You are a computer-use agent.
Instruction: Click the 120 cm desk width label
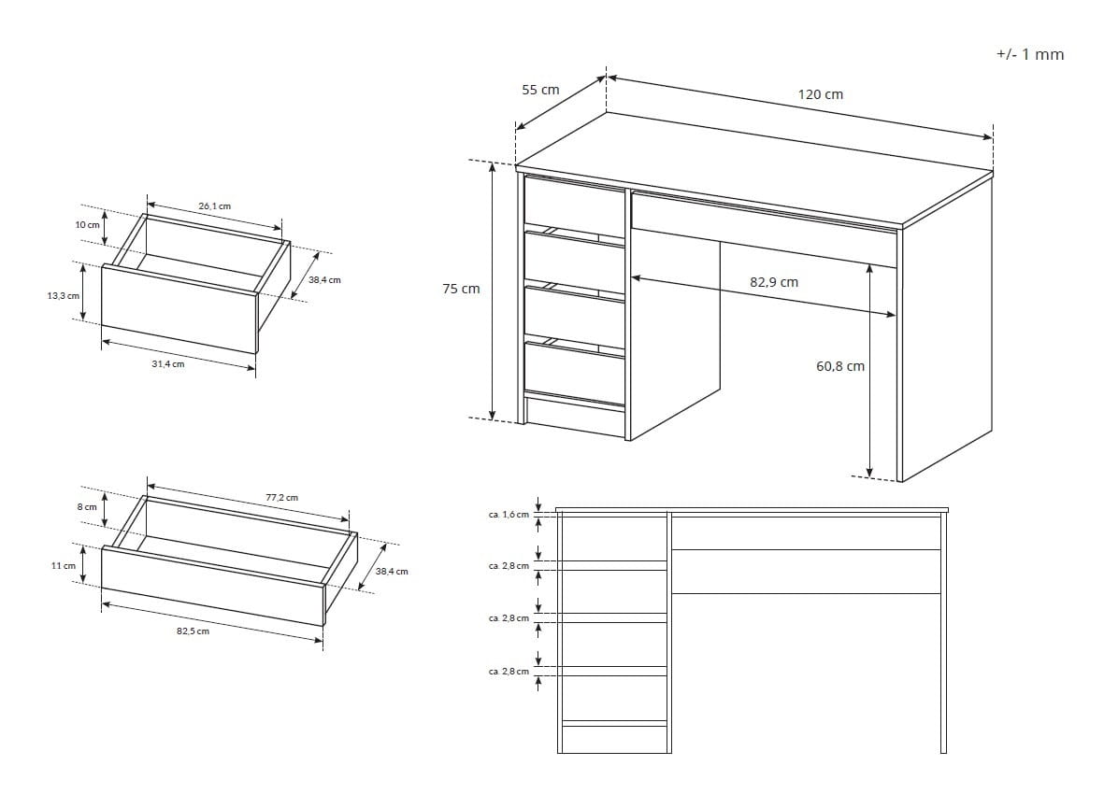820,94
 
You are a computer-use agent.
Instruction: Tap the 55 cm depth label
540,90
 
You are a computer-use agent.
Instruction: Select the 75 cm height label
461,289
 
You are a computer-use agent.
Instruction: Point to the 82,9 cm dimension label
774,282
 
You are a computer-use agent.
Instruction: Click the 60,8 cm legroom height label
840,365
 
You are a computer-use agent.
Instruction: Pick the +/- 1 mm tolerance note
1030,54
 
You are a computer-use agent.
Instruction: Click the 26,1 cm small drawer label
215,206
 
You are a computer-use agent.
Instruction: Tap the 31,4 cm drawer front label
168,363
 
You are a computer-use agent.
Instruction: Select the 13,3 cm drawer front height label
64,296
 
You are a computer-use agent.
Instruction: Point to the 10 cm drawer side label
88,225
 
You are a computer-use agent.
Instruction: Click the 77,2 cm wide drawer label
281,497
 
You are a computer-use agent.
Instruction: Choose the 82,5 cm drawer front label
193,631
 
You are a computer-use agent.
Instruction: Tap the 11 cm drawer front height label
64,565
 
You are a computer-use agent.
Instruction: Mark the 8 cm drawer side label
87,506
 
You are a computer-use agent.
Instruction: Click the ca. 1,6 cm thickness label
509,515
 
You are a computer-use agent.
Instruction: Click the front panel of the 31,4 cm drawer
179,309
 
